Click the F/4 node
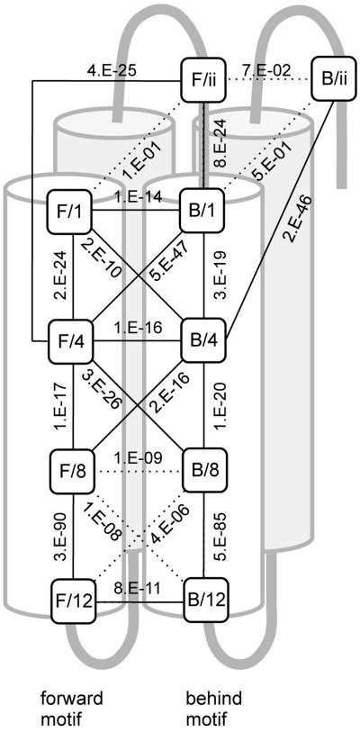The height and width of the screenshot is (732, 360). (x=73, y=339)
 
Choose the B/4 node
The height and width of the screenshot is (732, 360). (x=204, y=339)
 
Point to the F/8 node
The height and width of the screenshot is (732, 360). (x=73, y=468)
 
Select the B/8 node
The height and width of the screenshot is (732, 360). (x=204, y=468)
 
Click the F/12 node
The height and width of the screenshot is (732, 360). (x=73, y=597)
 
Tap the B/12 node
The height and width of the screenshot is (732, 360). (x=204, y=597)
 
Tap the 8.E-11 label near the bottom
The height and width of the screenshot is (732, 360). (x=139, y=586)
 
